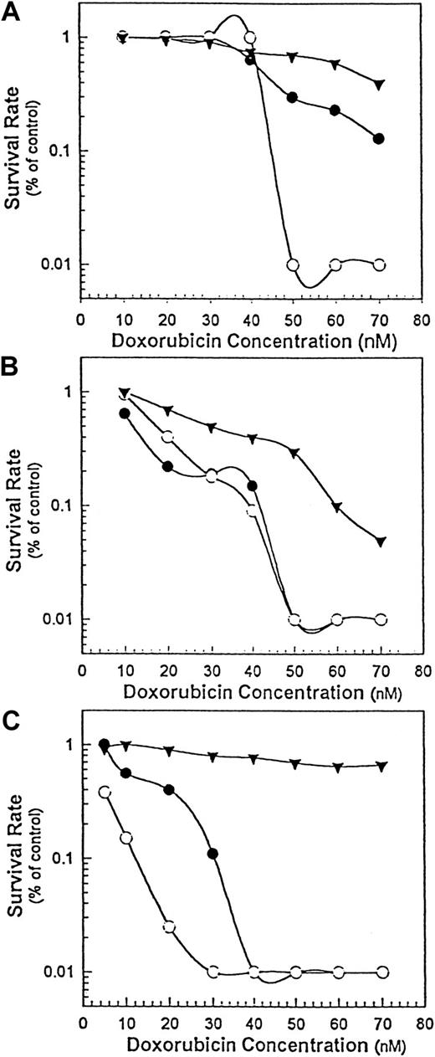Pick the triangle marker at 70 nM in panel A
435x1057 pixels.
click(380, 85)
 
